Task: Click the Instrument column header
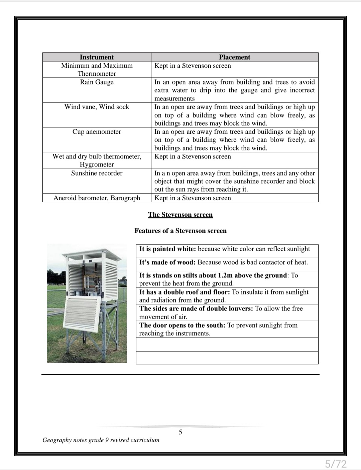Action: (x=97, y=57)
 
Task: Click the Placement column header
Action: (x=234, y=57)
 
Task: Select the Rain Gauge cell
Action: (x=97, y=82)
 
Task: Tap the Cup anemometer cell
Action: (x=97, y=132)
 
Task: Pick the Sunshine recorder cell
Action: (x=97, y=173)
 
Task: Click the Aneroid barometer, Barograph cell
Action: (x=97, y=198)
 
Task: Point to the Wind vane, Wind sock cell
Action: (x=97, y=107)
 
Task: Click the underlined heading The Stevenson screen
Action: (x=180, y=215)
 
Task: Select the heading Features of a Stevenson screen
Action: (x=180, y=231)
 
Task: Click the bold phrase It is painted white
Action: (x=167, y=249)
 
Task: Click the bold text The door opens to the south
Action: (x=183, y=325)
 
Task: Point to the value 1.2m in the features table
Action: (x=225, y=275)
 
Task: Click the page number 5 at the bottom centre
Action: (x=180, y=432)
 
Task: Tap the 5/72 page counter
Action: (x=336, y=464)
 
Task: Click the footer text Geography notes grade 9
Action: (x=101, y=440)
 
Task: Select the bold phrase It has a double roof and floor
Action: (x=185, y=292)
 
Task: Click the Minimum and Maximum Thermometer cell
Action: (x=97, y=70)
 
